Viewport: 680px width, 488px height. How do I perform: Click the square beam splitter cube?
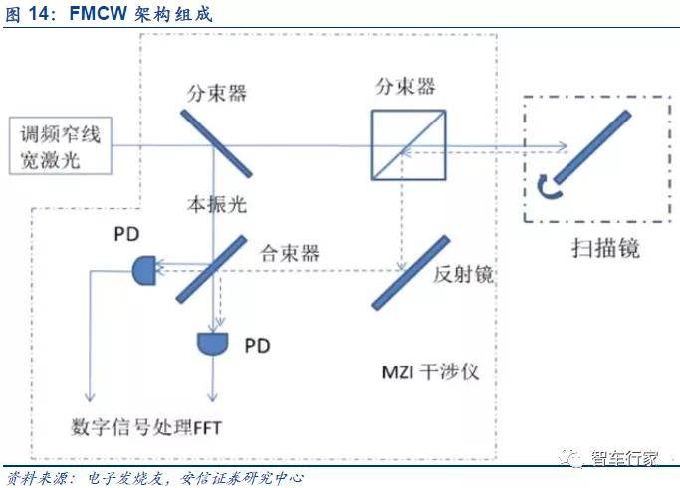point(402,146)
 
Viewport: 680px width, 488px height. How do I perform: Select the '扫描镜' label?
point(608,248)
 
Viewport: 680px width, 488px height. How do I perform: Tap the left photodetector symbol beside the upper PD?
point(143,267)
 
